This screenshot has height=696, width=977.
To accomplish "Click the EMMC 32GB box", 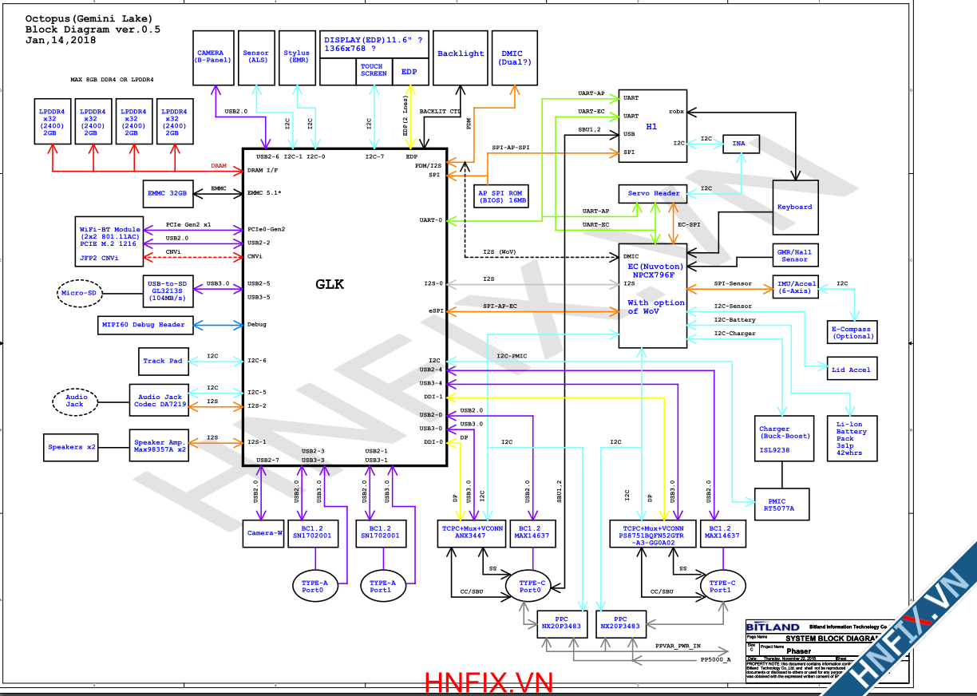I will (x=168, y=193).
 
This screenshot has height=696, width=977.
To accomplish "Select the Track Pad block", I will (x=163, y=361).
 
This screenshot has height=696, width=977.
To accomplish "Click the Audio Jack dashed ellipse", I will (x=74, y=401).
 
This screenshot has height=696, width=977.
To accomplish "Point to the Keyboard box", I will (x=795, y=207).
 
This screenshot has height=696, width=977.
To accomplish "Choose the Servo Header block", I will (x=653, y=193).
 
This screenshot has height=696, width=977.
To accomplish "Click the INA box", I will (x=740, y=144).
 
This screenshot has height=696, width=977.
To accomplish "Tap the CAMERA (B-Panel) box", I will (x=213, y=57).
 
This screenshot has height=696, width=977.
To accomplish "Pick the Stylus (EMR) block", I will (x=297, y=57).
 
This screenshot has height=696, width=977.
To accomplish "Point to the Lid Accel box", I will (x=851, y=369).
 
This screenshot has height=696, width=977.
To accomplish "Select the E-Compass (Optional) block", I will (x=852, y=333).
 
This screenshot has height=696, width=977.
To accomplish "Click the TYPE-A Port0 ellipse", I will (x=317, y=587).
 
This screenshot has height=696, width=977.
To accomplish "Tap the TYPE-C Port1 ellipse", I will (x=720, y=587).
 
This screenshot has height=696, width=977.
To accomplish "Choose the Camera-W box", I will (x=263, y=532).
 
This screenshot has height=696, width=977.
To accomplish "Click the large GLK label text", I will (x=330, y=284).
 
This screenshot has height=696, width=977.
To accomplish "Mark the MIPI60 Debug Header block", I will (x=143, y=325).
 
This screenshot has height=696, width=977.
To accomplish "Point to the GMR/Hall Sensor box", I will (x=794, y=255).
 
